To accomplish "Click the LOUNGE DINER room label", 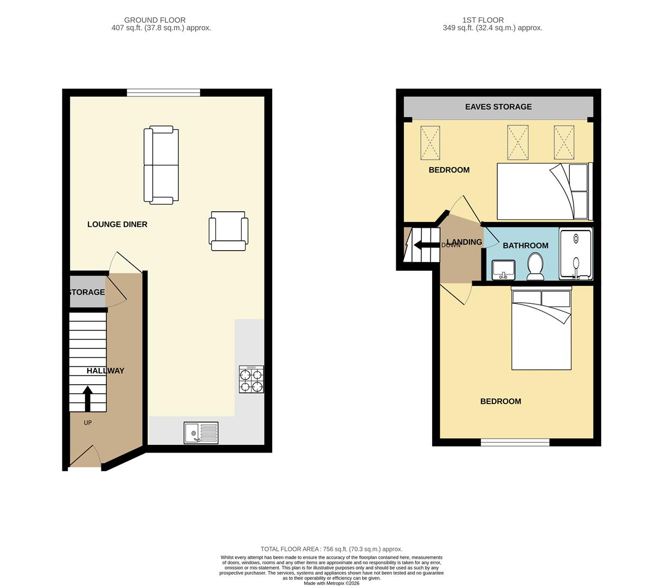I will click(117, 224).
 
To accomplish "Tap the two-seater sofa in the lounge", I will click(161, 165).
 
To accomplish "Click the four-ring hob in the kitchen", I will click(252, 379).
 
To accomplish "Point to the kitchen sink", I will click(201, 433).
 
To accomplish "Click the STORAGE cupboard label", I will click(87, 292).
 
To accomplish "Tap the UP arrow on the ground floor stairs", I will click(87, 399).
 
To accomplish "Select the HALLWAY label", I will click(106, 371).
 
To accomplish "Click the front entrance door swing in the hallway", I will click(86, 457).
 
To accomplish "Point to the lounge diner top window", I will click(163, 93).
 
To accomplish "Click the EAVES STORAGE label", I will click(498, 107).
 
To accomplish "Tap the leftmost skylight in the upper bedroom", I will click(430, 143).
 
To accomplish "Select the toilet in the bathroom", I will click(535, 266).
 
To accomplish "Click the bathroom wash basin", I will click(503, 270).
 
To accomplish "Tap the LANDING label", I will click(464, 242).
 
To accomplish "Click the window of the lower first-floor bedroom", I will click(515, 443).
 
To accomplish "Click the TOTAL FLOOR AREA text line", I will click(331, 549).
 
